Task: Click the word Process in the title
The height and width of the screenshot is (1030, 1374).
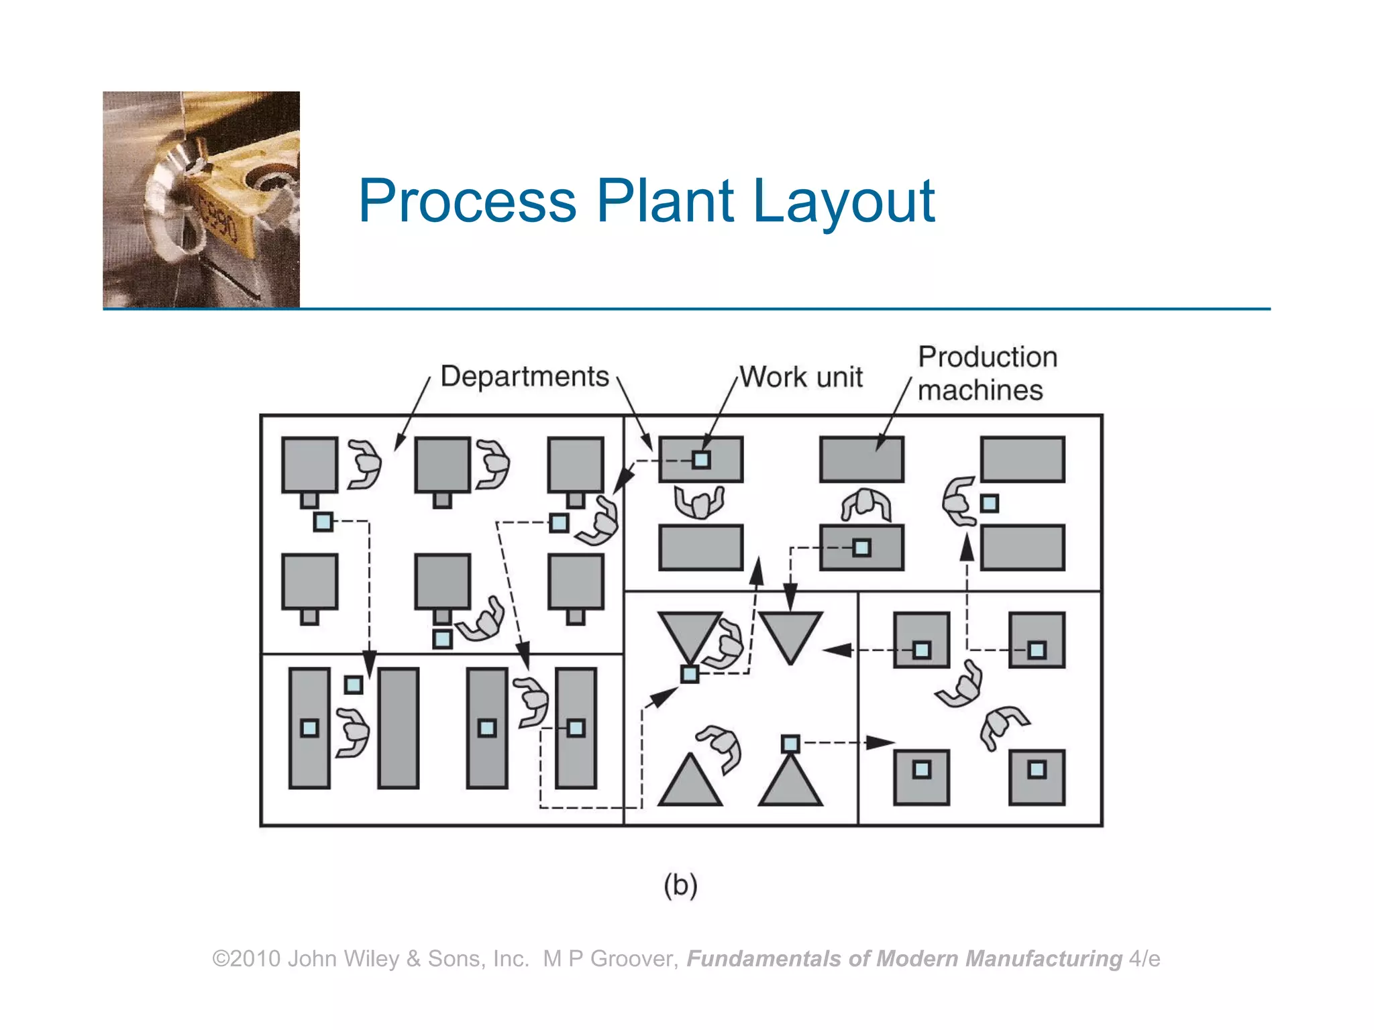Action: point(468,201)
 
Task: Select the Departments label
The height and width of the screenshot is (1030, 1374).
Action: point(525,376)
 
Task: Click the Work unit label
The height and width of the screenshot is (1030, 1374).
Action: point(801,377)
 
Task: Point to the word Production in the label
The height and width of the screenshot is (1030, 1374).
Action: point(988,357)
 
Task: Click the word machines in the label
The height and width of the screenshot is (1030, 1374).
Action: point(980,390)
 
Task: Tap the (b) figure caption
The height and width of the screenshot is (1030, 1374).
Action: point(680,885)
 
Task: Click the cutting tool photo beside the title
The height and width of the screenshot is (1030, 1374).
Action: point(201,200)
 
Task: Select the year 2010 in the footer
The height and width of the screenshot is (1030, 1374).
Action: point(256,959)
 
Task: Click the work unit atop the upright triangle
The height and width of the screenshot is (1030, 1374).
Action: point(790,744)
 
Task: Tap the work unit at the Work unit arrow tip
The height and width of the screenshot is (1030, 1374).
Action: point(701,460)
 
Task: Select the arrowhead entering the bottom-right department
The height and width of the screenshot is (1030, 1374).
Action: point(880,742)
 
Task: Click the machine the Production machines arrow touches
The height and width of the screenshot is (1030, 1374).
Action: point(861,459)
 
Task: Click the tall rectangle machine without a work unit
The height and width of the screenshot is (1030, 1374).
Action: point(399,728)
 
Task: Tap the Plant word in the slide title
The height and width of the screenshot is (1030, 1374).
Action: point(665,201)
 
